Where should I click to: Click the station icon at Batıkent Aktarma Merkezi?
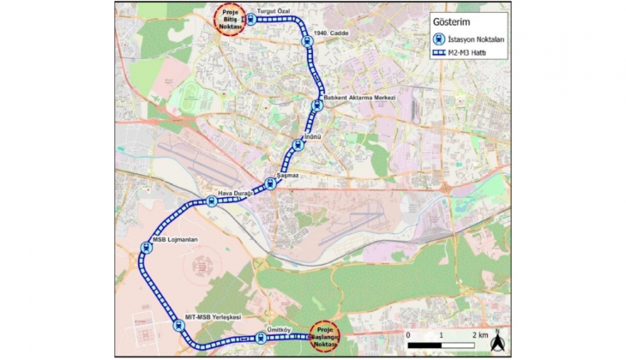click(317, 106)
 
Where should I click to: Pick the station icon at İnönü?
click(298, 146)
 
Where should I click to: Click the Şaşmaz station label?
click(291, 174)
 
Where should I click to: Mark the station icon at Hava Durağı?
click(212, 201)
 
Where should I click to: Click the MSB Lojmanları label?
click(176, 241)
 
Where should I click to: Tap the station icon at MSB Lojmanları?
click(147, 249)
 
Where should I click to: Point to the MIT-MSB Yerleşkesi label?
click(214, 317)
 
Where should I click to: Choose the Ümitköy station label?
click(281, 329)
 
